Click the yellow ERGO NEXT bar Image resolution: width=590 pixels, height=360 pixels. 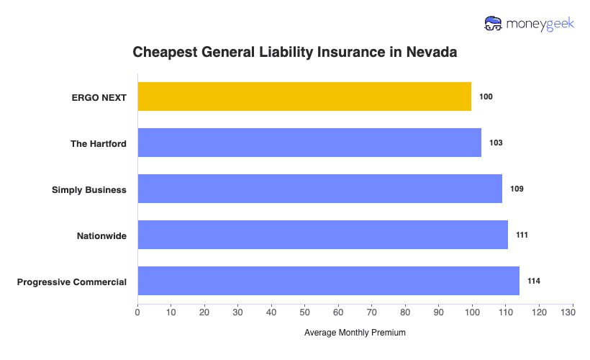304,96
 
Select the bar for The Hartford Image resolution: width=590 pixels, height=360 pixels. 309,143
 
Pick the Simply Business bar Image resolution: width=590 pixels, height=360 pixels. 319,189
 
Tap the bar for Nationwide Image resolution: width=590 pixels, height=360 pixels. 322,235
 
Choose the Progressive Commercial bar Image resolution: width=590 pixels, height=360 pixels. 328,281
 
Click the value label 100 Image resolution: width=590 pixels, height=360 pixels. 486,96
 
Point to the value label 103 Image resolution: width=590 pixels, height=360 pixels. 496,143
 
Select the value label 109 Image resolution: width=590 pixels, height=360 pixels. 517,189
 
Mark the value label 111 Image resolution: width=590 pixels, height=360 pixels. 522,235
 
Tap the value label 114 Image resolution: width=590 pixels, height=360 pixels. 533,281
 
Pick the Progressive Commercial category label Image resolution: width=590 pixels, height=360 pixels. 72,282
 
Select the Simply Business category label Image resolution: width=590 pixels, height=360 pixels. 89,189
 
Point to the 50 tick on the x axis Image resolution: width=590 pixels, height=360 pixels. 305,312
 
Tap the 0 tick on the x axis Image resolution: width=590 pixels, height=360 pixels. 137,312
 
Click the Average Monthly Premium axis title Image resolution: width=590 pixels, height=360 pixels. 355,333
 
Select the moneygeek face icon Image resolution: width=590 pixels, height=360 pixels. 494,24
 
